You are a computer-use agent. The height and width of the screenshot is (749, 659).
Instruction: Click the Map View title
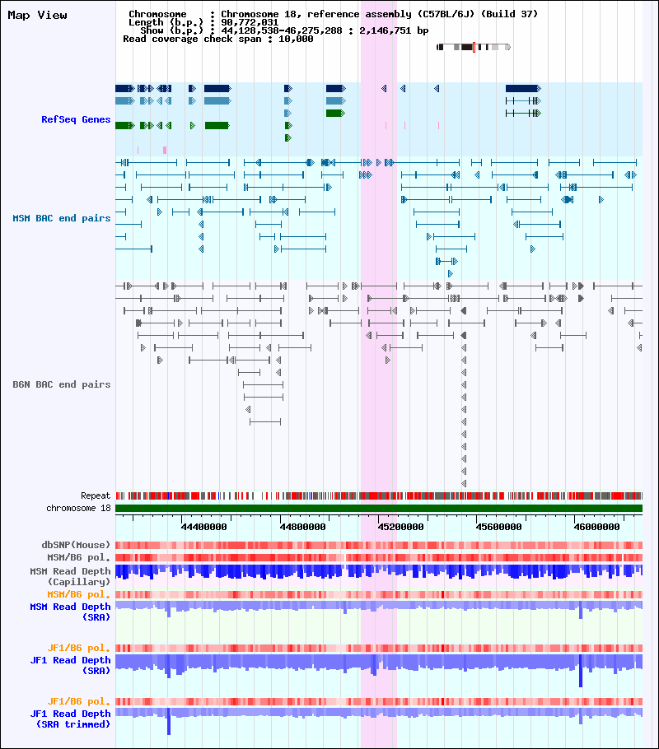37,16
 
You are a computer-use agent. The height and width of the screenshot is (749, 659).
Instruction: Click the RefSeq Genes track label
76,119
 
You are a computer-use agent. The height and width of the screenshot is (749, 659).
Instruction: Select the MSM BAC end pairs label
61,218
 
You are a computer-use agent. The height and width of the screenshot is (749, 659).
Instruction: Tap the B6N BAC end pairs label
61,384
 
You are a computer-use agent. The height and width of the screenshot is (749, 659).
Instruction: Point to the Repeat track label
96,495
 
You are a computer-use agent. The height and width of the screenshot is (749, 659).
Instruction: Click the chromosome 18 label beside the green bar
78,509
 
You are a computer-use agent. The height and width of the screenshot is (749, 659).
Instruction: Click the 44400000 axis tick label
203,527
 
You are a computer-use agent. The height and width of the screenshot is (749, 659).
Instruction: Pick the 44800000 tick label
302,527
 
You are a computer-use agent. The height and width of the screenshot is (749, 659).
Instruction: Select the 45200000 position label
401,527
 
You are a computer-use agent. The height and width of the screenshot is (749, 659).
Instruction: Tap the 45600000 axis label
499,527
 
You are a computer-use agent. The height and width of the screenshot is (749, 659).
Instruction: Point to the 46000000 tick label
597,527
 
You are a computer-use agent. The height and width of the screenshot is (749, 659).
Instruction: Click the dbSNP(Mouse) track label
76,545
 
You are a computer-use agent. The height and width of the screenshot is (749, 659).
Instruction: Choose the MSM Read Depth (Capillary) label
70,576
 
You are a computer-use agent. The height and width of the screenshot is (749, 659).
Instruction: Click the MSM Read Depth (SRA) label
70,612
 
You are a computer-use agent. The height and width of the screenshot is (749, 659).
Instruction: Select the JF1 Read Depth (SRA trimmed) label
70,719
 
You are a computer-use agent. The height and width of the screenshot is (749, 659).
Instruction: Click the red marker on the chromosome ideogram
474,47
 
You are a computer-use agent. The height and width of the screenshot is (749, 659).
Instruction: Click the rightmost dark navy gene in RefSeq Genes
523,88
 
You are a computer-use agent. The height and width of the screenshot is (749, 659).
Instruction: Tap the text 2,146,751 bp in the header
394,30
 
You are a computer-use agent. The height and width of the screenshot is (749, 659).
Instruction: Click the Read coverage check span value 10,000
296,39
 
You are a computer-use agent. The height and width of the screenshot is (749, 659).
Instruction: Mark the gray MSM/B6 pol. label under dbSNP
78,557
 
